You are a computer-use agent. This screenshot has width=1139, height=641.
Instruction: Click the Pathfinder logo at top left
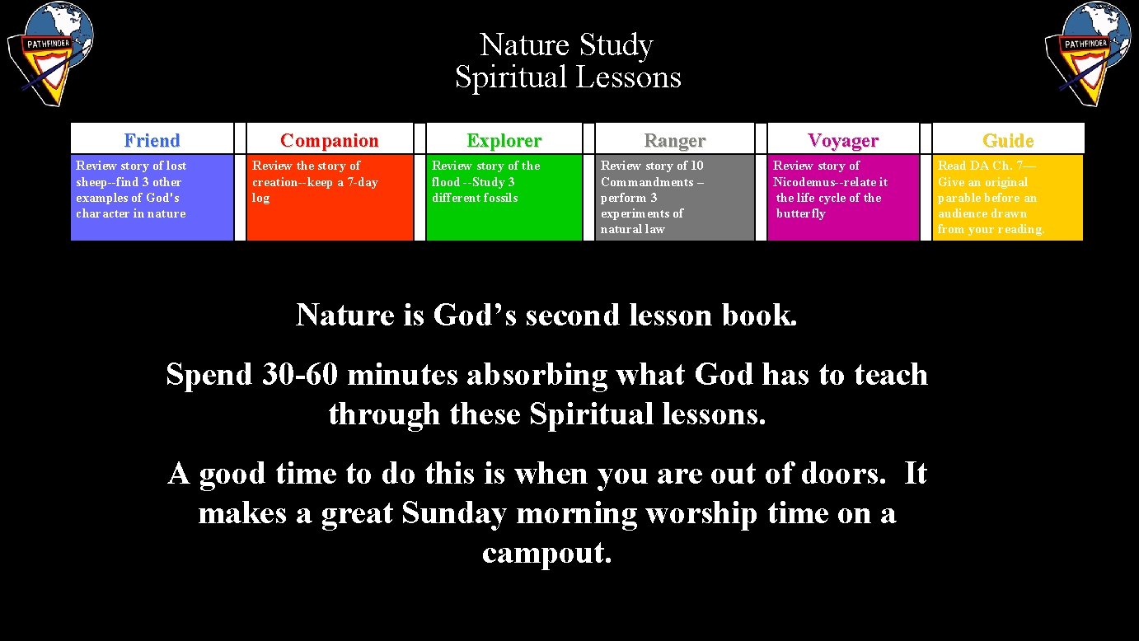[x=50, y=54]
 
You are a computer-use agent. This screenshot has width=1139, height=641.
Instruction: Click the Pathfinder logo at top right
[x=1088, y=54]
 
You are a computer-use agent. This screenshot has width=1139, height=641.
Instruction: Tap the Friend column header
[x=152, y=140]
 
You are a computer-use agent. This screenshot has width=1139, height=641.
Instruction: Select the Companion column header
[x=329, y=140]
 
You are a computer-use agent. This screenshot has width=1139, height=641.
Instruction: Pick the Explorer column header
[x=504, y=140]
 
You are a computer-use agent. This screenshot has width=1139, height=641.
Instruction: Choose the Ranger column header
[x=674, y=140]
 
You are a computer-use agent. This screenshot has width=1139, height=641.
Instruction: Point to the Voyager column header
[x=842, y=140]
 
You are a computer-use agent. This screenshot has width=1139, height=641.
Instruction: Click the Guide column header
[x=1007, y=140]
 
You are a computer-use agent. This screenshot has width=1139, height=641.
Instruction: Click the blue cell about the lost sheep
[x=152, y=198]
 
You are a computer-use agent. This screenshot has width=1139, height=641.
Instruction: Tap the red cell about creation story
[x=330, y=198]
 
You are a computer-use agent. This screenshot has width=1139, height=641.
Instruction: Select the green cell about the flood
[x=504, y=198]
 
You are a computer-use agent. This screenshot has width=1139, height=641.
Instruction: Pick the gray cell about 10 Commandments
[x=674, y=198]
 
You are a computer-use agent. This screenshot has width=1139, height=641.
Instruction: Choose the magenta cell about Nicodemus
[x=842, y=198]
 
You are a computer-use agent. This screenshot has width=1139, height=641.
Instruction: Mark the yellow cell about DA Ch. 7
[x=1007, y=198]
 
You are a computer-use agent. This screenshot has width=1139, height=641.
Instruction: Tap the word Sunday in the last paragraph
[x=453, y=513]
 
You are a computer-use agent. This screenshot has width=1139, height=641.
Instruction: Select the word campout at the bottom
[x=546, y=553]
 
